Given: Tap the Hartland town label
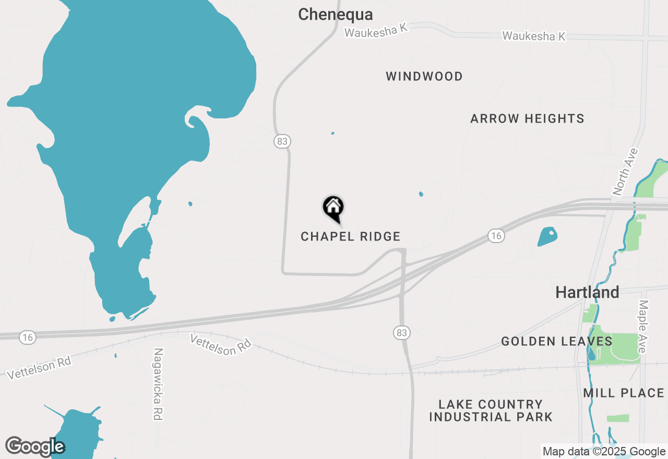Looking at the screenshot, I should [587, 292].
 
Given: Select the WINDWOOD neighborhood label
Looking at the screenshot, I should [424, 77].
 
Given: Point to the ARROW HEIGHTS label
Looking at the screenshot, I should [527, 119].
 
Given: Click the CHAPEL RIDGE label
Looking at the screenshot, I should [351, 237].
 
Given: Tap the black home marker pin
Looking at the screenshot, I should [333, 208].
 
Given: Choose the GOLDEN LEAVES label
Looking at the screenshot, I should [557, 342].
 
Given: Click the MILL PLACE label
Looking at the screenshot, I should [624, 393].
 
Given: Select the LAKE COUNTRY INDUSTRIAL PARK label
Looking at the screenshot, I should [491, 410].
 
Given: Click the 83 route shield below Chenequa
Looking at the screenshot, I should [282, 141].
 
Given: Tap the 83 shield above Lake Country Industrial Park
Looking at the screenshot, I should [401, 332].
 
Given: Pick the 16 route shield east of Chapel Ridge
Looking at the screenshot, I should [496, 236].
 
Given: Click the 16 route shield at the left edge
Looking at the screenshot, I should [28, 338].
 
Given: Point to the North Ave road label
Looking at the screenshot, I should [625, 172].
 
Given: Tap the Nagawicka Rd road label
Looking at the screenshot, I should [158, 384].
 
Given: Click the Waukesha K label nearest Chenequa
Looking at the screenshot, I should [376, 31].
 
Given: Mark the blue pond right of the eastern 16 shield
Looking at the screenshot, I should [547, 236].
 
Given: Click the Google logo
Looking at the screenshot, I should [34, 447].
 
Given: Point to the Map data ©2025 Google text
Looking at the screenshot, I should [604, 452].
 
